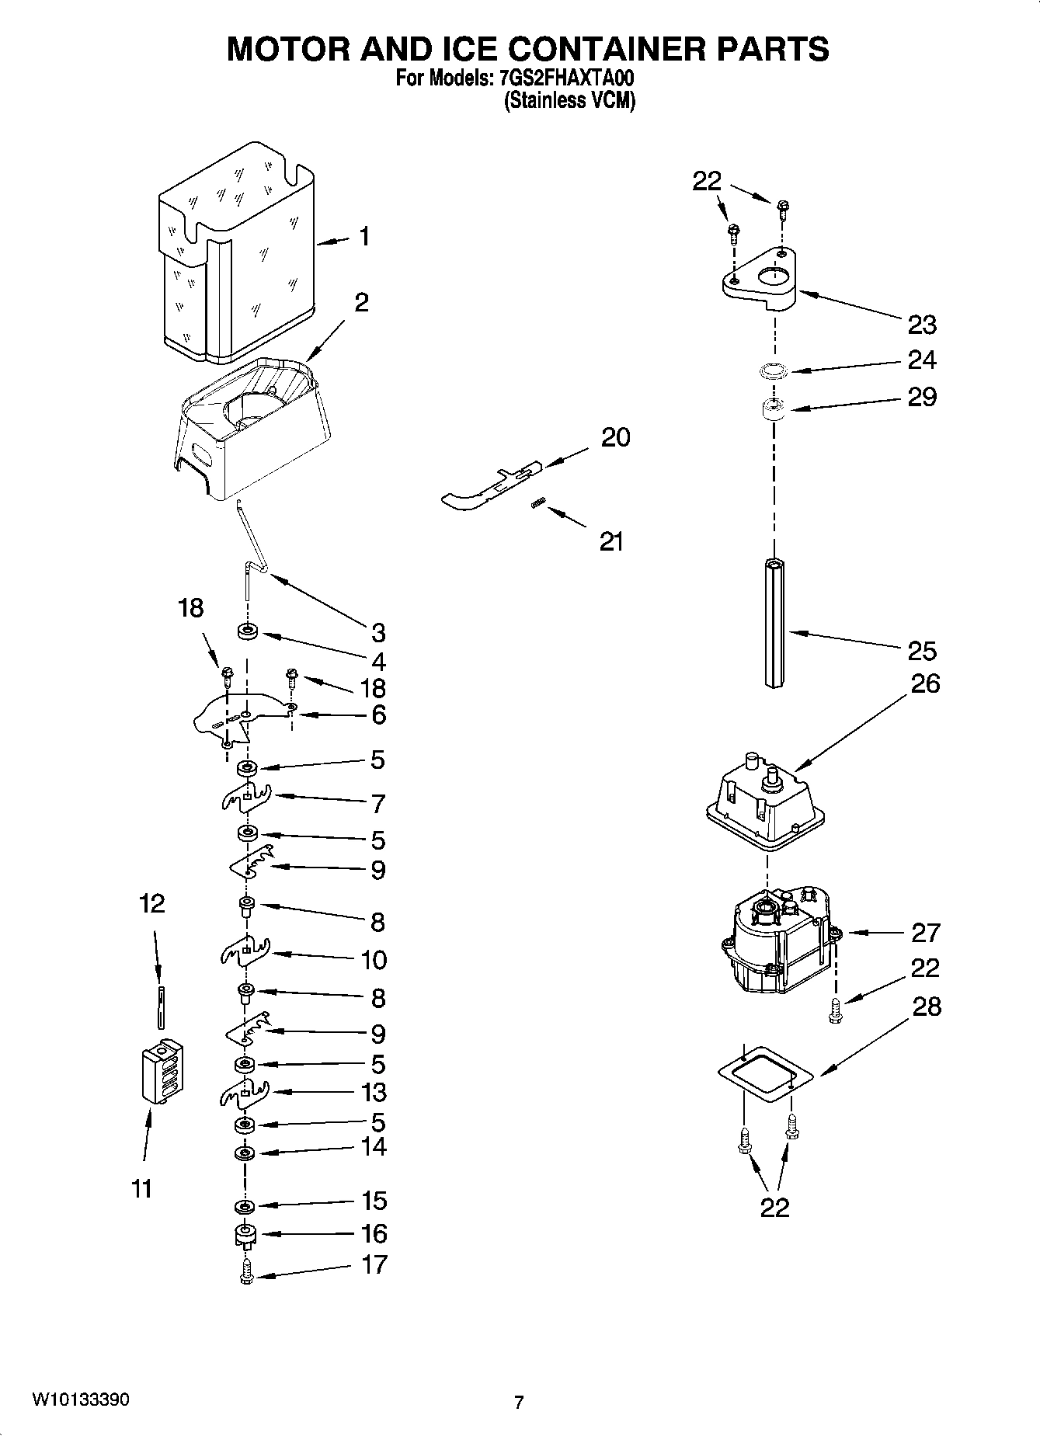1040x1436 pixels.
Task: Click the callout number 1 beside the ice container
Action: pos(363,237)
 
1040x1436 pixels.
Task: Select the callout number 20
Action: pos(615,437)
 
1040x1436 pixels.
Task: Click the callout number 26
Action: pos(923,683)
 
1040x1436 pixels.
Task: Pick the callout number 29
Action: pos(922,397)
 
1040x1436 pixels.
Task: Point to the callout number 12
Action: pos(152,903)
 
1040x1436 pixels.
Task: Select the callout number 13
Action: pos(374,1092)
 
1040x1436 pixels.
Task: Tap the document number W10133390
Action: pos(81,1399)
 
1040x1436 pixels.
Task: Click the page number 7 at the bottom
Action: pos(519,1402)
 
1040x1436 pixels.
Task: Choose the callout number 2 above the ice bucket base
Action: pos(361,302)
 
